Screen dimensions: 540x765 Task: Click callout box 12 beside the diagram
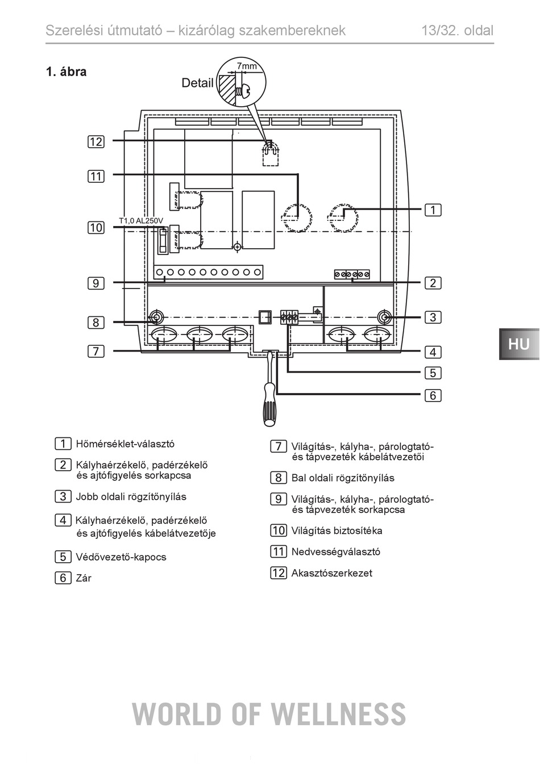click(96, 141)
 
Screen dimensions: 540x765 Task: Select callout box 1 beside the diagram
click(433, 210)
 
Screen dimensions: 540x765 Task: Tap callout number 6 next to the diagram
click(433, 395)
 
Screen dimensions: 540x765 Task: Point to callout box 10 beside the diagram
click(96, 227)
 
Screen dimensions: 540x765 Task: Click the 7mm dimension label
click(247, 65)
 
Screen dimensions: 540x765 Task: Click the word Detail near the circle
click(197, 83)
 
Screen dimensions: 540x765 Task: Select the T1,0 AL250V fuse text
click(141, 220)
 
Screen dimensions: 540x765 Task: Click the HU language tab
click(519, 344)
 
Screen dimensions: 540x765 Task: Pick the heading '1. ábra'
click(67, 72)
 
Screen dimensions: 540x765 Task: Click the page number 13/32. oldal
click(458, 31)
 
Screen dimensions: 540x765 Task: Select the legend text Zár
click(84, 578)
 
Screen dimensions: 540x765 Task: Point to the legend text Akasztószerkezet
click(331, 572)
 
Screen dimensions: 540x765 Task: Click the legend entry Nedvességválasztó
click(335, 551)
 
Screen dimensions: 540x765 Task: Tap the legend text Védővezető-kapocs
click(121, 557)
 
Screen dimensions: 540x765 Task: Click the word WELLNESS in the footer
click(338, 714)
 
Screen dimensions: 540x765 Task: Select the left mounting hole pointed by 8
click(156, 317)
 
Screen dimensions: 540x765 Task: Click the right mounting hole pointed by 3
click(384, 317)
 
